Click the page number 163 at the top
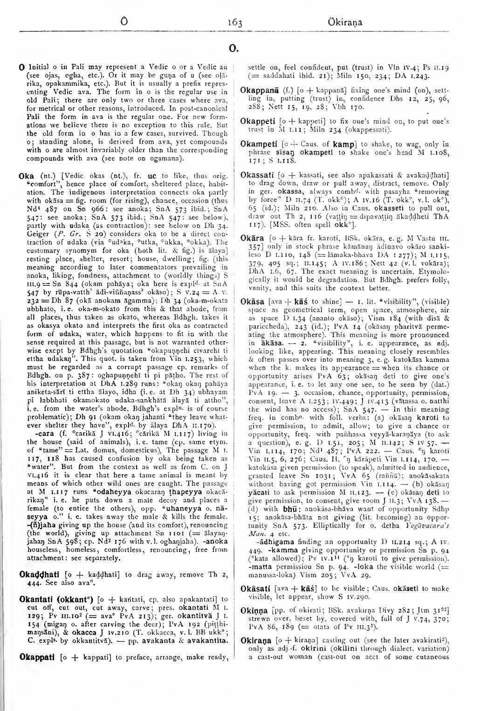click(x=235, y=23)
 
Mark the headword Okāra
click(x=253, y=238)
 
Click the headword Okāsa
click(x=253, y=302)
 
